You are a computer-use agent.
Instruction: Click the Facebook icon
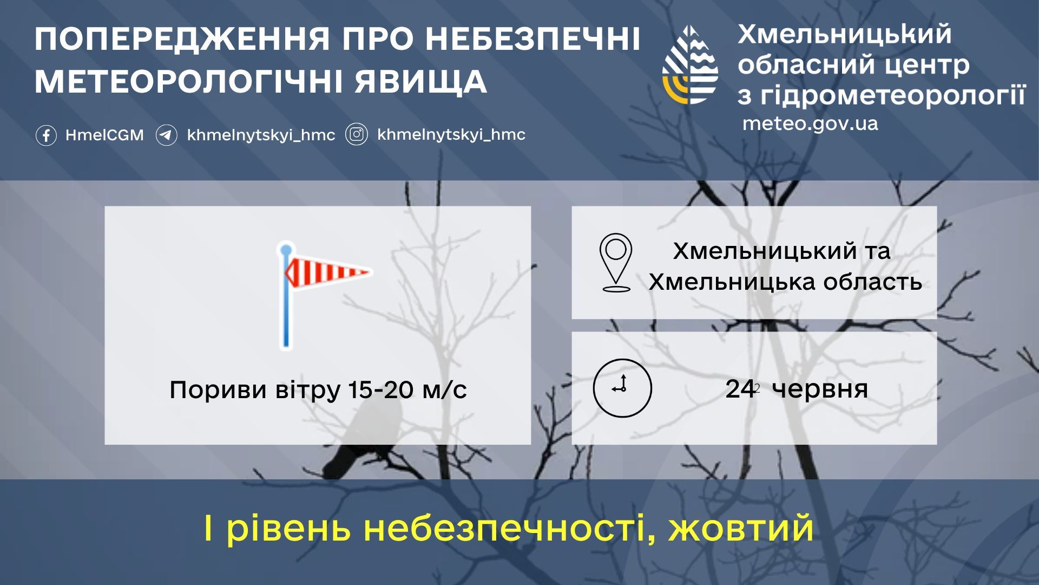click(x=46, y=135)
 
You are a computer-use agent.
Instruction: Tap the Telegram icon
click(x=167, y=135)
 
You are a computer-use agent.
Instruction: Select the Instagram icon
click(x=357, y=134)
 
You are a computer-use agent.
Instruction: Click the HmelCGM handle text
click(x=105, y=135)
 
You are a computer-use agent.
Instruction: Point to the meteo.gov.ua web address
click(x=810, y=123)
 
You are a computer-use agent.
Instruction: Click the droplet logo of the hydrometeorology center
click(x=691, y=64)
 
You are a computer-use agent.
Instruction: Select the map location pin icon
click(x=616, y=263)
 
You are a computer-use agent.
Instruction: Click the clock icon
click(x=622, y=388)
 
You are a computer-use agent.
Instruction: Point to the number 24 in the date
click(x=740, y=389)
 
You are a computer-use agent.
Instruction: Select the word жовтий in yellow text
click(x=741, y=528)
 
